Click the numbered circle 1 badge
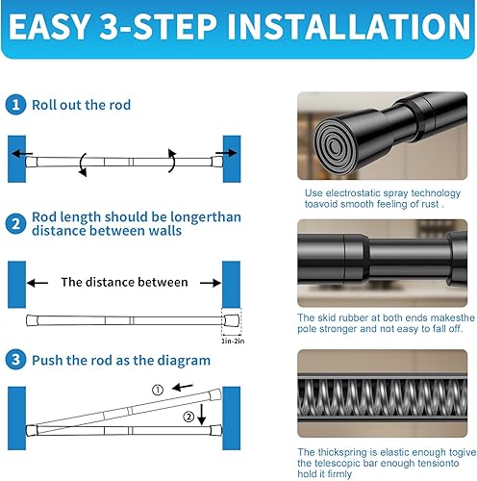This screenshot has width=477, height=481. [x=15, y=105]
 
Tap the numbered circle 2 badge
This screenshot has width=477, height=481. [x=15, y=224]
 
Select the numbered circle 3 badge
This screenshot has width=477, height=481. [x=15, y=360]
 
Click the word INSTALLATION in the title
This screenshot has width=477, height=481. [x=349, y=26]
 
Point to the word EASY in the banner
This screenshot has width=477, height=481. [x=49, y=26]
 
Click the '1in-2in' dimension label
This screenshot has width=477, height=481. [x=233, y=342]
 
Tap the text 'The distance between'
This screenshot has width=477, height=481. [x=124, y=282]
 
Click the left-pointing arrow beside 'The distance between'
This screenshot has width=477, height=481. [x=38, y=283]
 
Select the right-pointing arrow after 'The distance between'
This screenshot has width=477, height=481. [x=211, y=283]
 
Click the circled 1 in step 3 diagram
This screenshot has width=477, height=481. [x=158, y=391]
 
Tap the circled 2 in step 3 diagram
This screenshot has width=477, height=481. [x=188, y=418]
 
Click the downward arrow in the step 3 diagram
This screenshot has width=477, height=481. [x=202, y=415]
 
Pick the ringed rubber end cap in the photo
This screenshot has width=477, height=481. [x=336, y=146]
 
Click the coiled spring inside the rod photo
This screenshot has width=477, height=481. [x=383, y=398]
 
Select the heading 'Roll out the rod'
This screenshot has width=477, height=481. [x=82, y=105]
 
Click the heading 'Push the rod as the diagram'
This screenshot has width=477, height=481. [x=121, y=361]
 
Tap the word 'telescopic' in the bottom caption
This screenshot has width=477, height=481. [x=338, y=463]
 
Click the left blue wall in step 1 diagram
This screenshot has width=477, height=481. [x=16, y=159]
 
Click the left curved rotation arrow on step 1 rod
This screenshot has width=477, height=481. [x=83, y=165]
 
